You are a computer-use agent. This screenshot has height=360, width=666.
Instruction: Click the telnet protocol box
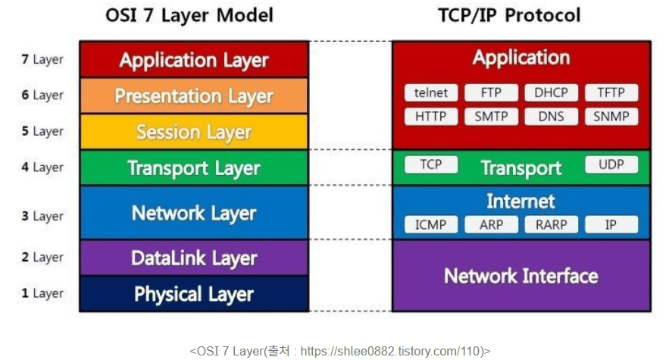(431, 93)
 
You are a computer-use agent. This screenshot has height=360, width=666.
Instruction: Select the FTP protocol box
(491, 93)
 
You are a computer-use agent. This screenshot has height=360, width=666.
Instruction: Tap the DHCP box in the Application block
(551, 93)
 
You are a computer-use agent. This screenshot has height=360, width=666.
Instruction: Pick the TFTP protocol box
(611, 93)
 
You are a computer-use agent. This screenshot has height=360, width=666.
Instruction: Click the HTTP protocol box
(431, 117)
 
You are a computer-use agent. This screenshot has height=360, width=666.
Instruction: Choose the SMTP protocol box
(491, 117)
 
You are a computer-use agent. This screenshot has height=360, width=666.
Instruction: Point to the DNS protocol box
(551, 117)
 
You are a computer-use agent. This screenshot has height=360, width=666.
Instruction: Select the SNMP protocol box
(611, 117)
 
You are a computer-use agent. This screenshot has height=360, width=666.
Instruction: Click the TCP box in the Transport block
(431, 164)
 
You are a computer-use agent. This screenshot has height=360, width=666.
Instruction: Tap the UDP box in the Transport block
(611, 164)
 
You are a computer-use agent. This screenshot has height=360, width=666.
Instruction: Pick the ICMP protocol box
(431, 224)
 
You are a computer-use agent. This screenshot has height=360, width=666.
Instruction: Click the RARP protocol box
(551, 224)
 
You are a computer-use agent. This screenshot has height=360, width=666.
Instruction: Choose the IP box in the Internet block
(611, 224)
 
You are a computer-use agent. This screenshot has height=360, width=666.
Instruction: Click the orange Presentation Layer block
(194, 96)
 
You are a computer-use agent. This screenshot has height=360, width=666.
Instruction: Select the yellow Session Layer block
(194, 132)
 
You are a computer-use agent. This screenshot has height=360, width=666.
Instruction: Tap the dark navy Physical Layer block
(194, 294)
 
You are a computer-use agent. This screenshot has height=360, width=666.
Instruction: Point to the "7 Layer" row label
(42, 59)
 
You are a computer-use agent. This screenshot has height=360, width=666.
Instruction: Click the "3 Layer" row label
(42, 216)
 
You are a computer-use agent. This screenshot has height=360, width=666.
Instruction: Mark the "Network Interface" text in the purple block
(521, 276)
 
